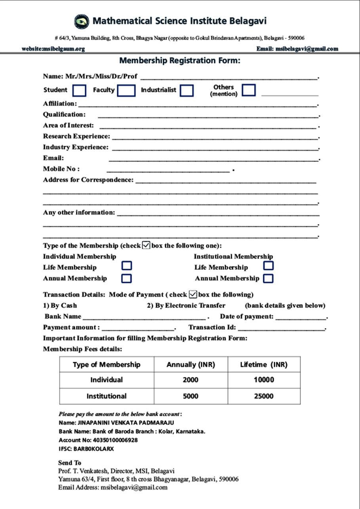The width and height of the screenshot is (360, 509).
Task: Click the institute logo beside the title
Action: pyautogui.click(x=82, y=21)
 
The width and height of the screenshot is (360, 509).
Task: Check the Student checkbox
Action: pyautogui.click(x=80, y=91)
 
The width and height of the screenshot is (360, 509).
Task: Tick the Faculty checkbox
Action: pyautogui.click(x=126, y=91)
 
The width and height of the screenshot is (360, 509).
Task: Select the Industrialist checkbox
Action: pyautogui.click(x=187, y=91)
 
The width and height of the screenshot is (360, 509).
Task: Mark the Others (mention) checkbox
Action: pyautogui.click(x=249, y=90)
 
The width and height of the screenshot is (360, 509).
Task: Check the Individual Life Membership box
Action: pyautogui.click(x=127, y=266)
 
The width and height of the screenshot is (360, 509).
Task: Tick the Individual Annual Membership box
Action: pyautogui.click(x=127, y=278)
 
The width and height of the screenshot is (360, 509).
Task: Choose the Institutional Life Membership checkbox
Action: pyautogui.click(x=269, y=266)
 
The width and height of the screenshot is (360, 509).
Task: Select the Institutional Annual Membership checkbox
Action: pyautogui.click(x=268, y=278)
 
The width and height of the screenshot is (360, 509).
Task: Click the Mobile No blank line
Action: pyautogui.click(x=168, y=170)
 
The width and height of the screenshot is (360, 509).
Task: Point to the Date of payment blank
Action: pyautogui.click(x=301, y=317)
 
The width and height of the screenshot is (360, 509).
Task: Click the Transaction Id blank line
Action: pyautogui.click(x=281, y=328)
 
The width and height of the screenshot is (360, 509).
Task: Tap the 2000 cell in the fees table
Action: pyautogui.click(x=190, y=380)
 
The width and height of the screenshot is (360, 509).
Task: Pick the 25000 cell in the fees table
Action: pyautogui.click(x=264, y=396)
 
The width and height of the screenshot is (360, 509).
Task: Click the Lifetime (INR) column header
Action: pyautogui.click(x=264, y=365)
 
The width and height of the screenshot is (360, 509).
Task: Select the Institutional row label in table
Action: pyautogui.click(x=107, y=396)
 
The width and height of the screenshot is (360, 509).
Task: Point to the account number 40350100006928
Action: pyautogui.click(x=115, y=440)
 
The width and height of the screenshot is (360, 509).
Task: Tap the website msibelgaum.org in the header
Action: pyautogui.click(x=53, y=49)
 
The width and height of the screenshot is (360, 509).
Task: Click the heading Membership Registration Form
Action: pyautogui.click(x=180, y=61)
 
